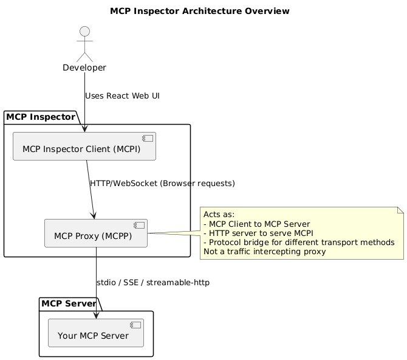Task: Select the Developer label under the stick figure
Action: coord(84,67)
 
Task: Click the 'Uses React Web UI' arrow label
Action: coord(122,96)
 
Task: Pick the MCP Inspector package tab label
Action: coord(41,116)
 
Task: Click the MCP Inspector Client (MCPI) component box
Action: coord(84,147)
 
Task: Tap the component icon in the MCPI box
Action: coord(148,139)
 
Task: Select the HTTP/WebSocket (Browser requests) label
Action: coord(162,183)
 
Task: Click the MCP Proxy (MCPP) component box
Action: coord(96,234)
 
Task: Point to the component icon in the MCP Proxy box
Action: coord(139,226)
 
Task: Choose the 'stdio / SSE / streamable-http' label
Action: coord(153,283)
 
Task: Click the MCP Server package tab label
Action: coord(68,303)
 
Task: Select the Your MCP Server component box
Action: coord(96,333)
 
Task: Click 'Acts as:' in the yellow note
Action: coord(219,214)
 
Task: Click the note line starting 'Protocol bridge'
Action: coord(299,243)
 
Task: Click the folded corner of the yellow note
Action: coord(400,210)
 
